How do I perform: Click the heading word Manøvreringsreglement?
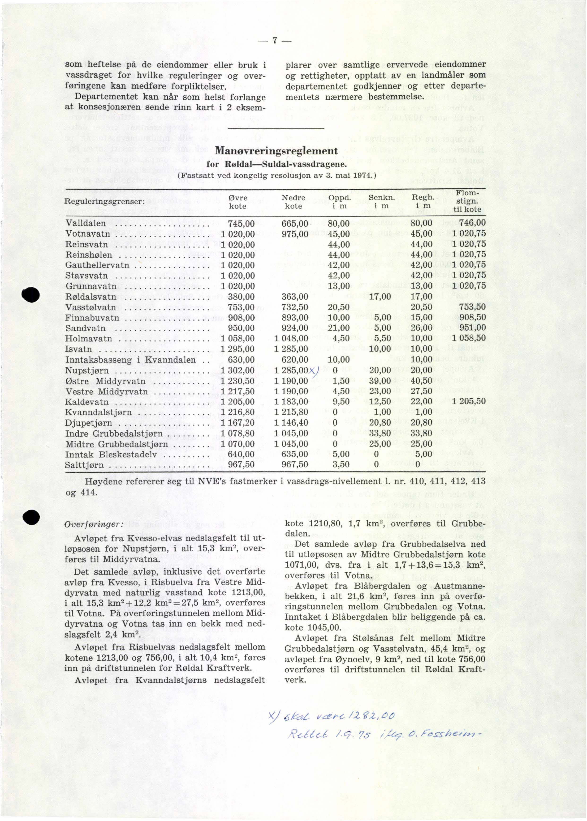point(276,151)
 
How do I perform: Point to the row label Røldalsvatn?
point(91,297)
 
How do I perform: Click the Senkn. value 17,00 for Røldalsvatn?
point(380,297)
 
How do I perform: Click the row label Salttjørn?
point(84,465)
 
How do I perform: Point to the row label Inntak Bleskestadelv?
point(111,454)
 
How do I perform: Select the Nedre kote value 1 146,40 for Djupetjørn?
point(291,423)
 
